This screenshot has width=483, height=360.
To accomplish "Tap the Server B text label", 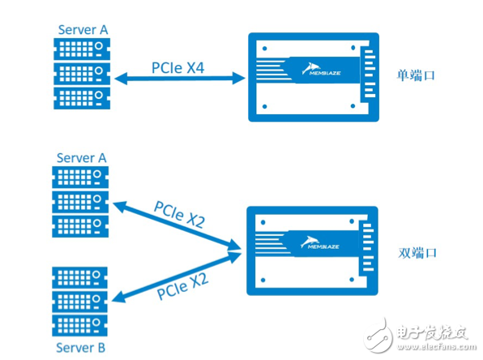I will click(79, 348).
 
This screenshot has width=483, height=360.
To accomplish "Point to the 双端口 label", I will click(416, 253).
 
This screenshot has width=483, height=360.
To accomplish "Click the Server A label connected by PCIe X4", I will click(81, 30).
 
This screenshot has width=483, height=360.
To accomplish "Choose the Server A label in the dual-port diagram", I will click(81, 156).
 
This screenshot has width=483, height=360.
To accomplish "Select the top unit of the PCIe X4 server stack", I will click(82, 50).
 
